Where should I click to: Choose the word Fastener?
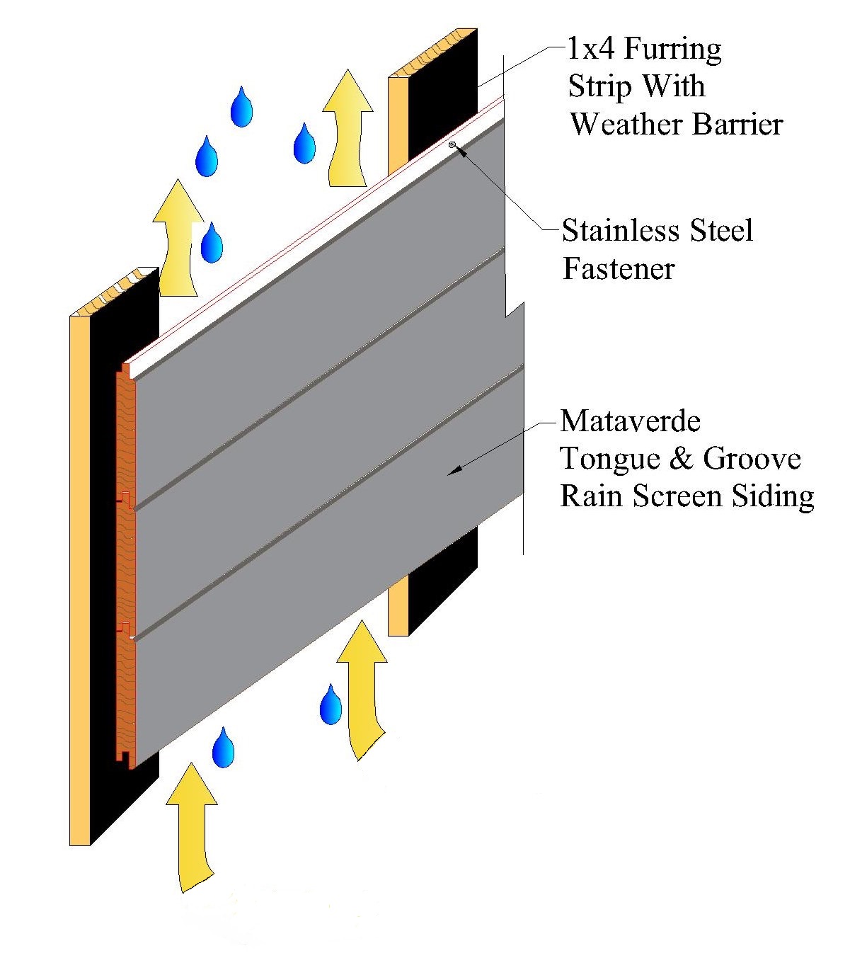point(619,269)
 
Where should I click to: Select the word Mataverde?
point(630,421)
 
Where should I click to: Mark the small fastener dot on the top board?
point(452,144)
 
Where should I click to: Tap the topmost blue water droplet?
point(241,108)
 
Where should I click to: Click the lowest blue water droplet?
point(223,748)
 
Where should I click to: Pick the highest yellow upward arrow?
point(347,127)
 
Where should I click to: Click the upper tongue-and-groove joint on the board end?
point(126,498)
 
